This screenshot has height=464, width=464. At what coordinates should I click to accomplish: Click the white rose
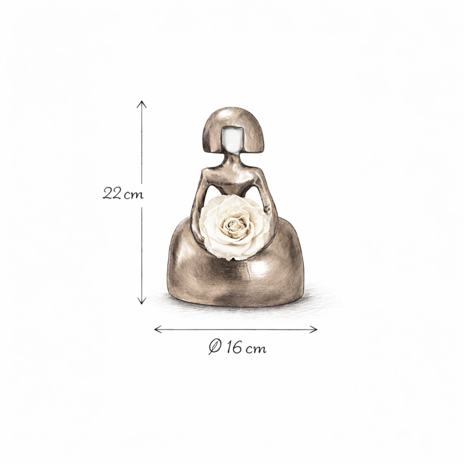coord(234,228)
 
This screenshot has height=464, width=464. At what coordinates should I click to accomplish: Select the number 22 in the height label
coord(111,193)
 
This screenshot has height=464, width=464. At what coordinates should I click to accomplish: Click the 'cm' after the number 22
coord(134,195)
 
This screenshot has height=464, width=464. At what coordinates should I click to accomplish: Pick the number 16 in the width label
coord(234,347)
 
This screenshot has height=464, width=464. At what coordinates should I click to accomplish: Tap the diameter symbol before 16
coord(214,347)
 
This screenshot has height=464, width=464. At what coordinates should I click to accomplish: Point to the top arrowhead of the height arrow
coord(142,104)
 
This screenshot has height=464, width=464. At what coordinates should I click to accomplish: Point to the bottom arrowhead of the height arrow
coord(142,300)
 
